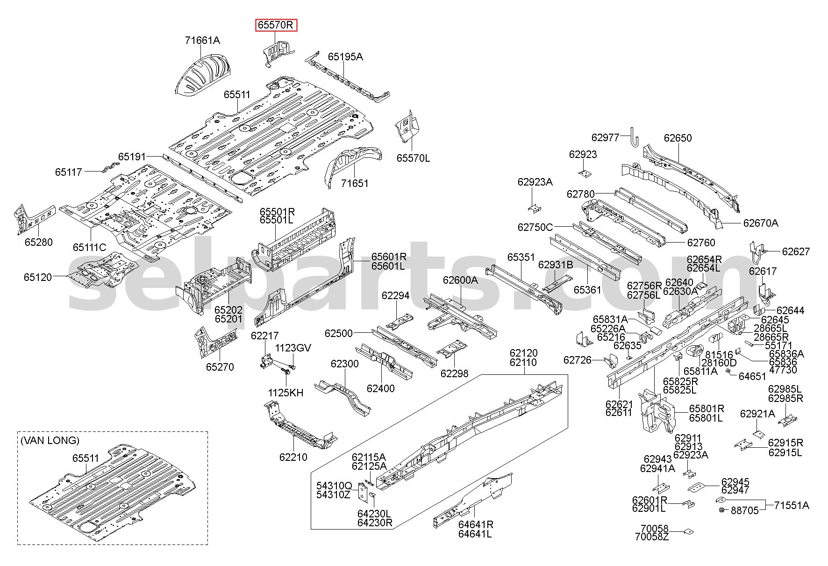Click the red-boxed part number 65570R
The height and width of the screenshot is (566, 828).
276,25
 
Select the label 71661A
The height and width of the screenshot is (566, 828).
202,41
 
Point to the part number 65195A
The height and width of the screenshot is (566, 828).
345,57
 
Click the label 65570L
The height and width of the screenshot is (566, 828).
414,158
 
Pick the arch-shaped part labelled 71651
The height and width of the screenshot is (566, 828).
352,166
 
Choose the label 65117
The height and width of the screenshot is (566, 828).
69,172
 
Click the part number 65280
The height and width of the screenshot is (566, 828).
39,242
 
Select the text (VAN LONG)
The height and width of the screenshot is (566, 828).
50,440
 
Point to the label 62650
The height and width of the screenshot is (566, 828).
678,138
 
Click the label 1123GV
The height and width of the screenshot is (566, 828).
293,348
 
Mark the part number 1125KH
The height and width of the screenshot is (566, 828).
286,393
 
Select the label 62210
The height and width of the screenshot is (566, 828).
293,457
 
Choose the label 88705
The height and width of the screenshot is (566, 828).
745,511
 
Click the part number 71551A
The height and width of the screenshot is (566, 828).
792,505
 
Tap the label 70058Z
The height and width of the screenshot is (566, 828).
652,537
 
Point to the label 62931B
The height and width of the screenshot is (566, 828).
556,265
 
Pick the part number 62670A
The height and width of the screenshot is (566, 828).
761,223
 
